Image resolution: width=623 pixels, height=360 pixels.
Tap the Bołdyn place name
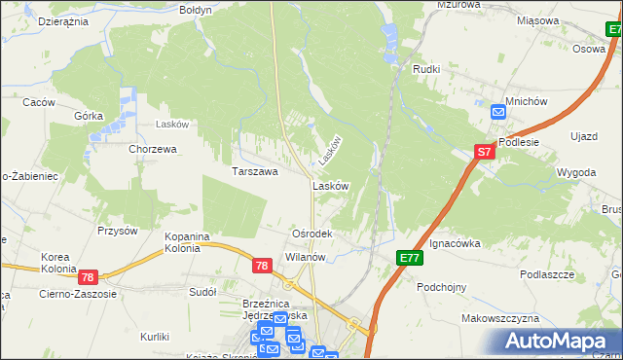(x=196, y=9)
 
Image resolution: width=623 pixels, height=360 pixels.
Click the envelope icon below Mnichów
(x=498, y=113)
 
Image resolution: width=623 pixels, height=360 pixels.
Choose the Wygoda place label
(x=576, y=171)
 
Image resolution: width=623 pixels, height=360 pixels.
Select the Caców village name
(x=38, y=102)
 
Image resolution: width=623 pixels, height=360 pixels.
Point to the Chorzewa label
(x=153, y=150)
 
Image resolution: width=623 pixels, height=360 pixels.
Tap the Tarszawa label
(x=255, y=171)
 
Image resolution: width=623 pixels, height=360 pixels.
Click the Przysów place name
(x=117, y=231)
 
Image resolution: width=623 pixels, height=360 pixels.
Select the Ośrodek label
(x=313, y=234)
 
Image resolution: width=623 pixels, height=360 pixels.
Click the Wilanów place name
(x=305, y=257)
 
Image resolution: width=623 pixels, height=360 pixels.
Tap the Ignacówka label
(x=455, y=243)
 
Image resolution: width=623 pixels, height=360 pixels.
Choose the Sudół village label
(x=202, y=291)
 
